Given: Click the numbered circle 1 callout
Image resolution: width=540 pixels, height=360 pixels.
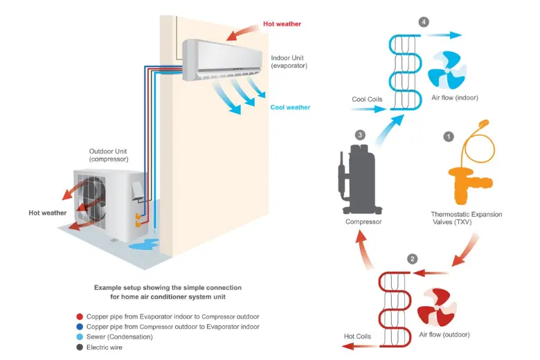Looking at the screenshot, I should (x=449, y=137).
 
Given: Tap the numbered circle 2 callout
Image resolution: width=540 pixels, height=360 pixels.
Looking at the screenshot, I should (x=413, y=259).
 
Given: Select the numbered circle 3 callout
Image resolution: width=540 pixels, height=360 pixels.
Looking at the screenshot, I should (x=359, y=134).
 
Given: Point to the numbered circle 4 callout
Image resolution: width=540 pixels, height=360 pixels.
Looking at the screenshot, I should (x=424, y=21).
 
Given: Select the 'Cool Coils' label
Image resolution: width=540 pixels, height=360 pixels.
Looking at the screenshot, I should (x=367, y=100).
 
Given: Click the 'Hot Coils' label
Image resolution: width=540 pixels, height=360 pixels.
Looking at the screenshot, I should (x=358, y=337).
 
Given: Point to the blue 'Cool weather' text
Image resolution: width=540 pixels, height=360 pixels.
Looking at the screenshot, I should (x=290, y=107).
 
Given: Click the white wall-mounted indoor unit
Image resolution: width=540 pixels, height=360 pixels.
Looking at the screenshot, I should (x=222, y=59).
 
